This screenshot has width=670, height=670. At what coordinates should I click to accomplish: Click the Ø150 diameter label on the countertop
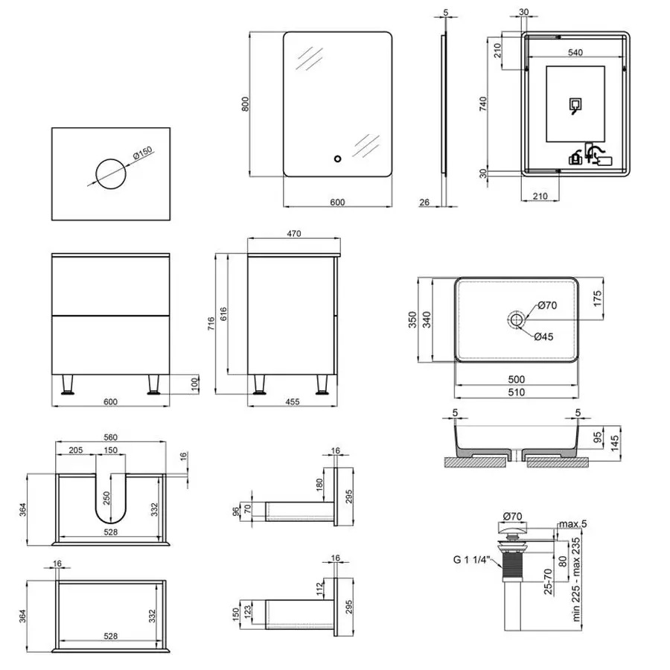click(141, 156)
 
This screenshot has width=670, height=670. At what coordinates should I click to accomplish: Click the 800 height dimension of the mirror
click(246, 103)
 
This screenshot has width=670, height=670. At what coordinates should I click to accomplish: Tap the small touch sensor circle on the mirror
click(336, 158)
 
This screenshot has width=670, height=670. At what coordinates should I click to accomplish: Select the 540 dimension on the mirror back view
click(575, 53)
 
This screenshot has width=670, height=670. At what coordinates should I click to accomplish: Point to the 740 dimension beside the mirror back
click(484, 103)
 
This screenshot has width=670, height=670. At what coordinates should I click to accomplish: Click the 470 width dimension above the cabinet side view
click(293, 234)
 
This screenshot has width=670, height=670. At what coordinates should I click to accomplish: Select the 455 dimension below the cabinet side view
click(293, 403)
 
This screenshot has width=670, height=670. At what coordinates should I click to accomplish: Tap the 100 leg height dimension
click(195, 383)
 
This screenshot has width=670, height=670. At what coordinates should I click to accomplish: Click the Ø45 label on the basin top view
click(543, 336)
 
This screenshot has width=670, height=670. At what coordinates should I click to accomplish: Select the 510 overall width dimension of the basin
click(516, 392)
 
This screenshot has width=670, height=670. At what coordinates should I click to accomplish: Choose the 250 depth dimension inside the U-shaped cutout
click(105, 496)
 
